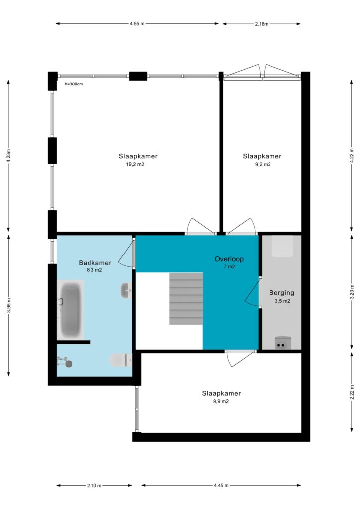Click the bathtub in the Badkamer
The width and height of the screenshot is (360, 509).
tap(70, 310)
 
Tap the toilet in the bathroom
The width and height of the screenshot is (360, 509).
tap(121, 360)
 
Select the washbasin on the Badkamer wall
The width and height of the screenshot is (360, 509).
tap(126, 290)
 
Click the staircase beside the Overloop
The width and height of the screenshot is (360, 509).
tap(186, 298)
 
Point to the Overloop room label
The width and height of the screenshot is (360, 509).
tap(229, 259)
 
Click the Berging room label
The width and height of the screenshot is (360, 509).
tap(282, 292)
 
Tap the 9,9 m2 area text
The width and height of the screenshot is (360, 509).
tap(221, 401)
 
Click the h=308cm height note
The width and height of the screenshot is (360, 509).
tap(74, 84)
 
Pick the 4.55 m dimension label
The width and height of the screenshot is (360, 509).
tap(137, 24)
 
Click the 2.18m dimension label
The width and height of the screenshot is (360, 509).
tap(262, 24)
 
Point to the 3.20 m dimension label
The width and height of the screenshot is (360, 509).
tap(352, 292)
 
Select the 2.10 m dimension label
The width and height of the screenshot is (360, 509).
tap(94, 486)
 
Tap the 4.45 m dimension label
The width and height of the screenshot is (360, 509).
tap(221, 485)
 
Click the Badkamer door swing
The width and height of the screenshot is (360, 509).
tap(125, 253)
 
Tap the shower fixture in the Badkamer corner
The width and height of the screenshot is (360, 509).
tap(65, 361)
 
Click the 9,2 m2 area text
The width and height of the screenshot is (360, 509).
tap(263, 164)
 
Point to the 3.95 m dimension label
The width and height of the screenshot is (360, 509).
tap(9, 305)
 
